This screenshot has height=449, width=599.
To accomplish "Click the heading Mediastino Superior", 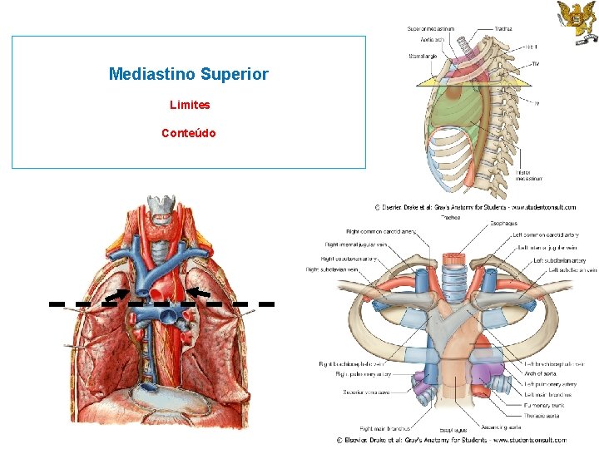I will [189, 74].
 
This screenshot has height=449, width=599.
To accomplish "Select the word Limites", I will [189, 106].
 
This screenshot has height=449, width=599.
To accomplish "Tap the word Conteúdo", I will [189, 133].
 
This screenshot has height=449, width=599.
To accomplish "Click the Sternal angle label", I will [422, 57].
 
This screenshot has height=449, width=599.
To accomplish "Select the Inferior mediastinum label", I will [529, 175].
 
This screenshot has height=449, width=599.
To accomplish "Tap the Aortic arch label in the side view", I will [432, 39].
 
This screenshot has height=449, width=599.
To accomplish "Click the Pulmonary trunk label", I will [544, 395].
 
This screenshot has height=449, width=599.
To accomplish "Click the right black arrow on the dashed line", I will [197, 291].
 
